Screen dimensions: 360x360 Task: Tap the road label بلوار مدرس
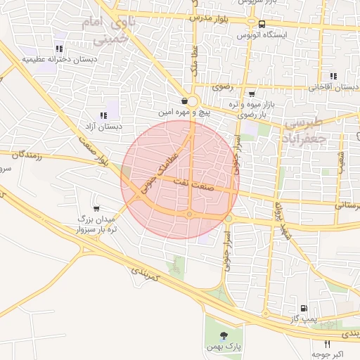tap(214, 17)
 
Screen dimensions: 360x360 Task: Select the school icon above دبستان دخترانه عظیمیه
tap(59, 49)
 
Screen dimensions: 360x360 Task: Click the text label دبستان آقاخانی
tap(334, 87)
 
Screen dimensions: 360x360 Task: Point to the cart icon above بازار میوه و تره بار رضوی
tap(252, 94)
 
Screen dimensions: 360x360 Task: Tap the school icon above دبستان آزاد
tap(103, 115)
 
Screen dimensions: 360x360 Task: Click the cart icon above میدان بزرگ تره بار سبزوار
tap(96, 208)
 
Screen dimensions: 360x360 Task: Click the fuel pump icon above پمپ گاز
tap(303, 308)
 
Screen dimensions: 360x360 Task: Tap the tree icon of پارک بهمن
tap(223, 335)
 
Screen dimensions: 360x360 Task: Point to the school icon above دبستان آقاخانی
tap(333, 76)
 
